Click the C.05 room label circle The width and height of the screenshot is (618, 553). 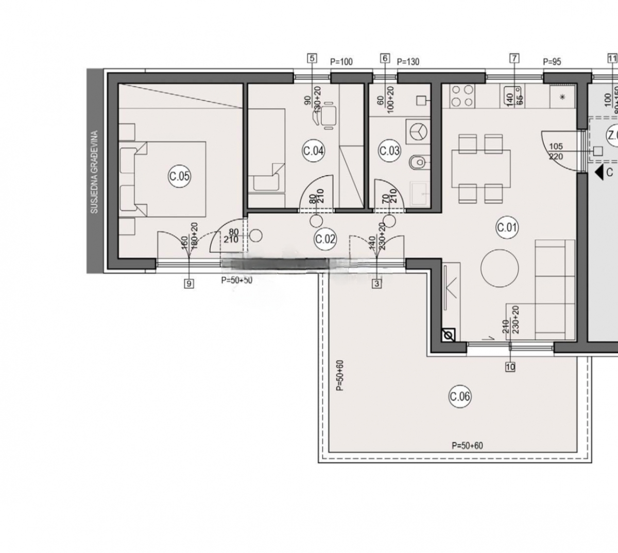coord(179,177)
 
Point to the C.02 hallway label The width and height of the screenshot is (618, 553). coord(325,239)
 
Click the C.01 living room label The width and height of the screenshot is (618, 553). coord(507,227)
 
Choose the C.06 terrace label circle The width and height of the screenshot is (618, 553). coord(460,396)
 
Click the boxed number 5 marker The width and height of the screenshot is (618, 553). coord(311,59)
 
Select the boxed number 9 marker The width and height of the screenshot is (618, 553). coord(189,283)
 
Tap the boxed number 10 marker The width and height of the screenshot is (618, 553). coord(510,367)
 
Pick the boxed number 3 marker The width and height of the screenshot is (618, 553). coord(377,283)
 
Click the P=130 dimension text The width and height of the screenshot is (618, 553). coord(408,62)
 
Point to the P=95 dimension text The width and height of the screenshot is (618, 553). coord(552,62)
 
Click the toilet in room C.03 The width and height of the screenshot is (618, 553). coord(418,163)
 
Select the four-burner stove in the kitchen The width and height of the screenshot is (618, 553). coord(462,96)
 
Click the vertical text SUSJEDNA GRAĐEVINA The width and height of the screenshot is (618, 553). coord(94,172)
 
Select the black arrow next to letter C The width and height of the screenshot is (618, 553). coord(598,172)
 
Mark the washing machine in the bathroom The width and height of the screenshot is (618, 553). coord(418,132)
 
